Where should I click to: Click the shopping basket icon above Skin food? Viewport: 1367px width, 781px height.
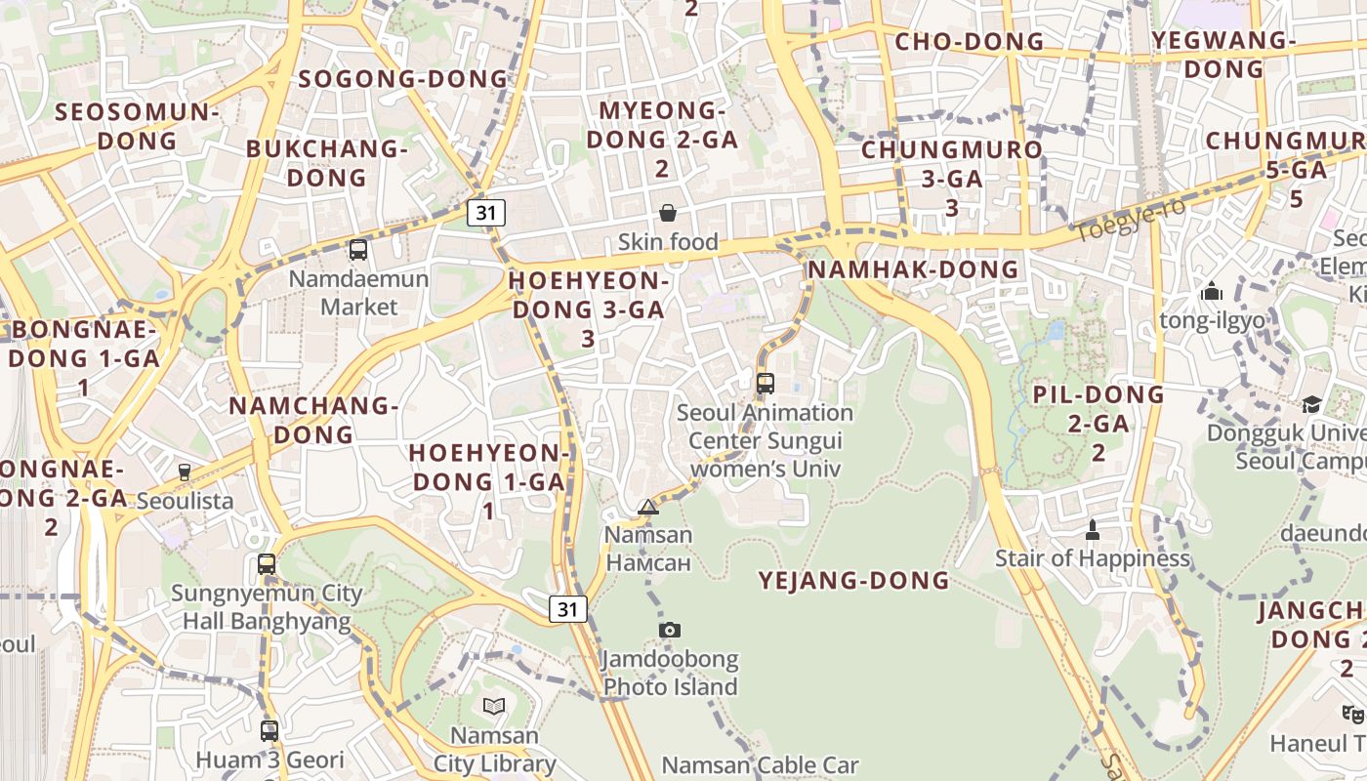(x=668, y=213)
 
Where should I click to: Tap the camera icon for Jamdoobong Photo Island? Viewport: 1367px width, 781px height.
(x=669, y=630)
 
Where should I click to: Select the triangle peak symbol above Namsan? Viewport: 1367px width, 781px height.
(x=647, y=507)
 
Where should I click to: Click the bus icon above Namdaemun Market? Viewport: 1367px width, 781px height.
(x=358, y=249)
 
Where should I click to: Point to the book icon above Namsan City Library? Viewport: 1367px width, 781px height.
(x=494, y=706)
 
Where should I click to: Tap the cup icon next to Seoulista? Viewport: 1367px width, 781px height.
(x=185, y=472)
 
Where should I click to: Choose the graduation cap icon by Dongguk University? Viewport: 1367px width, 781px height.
(x=1311, y=404)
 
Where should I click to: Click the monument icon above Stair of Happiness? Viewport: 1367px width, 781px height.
(x=1093, y=530)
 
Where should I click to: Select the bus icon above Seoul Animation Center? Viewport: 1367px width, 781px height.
(x=766, y=383)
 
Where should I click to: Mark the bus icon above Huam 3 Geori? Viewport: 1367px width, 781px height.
(x=269, y=730)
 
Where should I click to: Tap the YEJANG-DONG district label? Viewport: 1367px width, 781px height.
(x=854, y=581)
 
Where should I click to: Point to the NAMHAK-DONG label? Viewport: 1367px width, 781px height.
(x=914, y=269)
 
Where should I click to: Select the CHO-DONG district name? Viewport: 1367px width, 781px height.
(x=970, y=42)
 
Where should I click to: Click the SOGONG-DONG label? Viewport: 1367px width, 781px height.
(x=404, y=79)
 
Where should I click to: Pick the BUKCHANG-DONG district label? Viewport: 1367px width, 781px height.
(x=327, y=163)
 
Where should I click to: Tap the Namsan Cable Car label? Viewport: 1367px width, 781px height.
(x=761, y=765)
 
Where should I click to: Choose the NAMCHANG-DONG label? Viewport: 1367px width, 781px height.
(x=313, y=420)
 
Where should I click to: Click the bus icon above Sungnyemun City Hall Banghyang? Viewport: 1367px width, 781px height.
(x=267, y=564)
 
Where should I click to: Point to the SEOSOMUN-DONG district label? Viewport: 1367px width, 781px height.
(x=138, y=126)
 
